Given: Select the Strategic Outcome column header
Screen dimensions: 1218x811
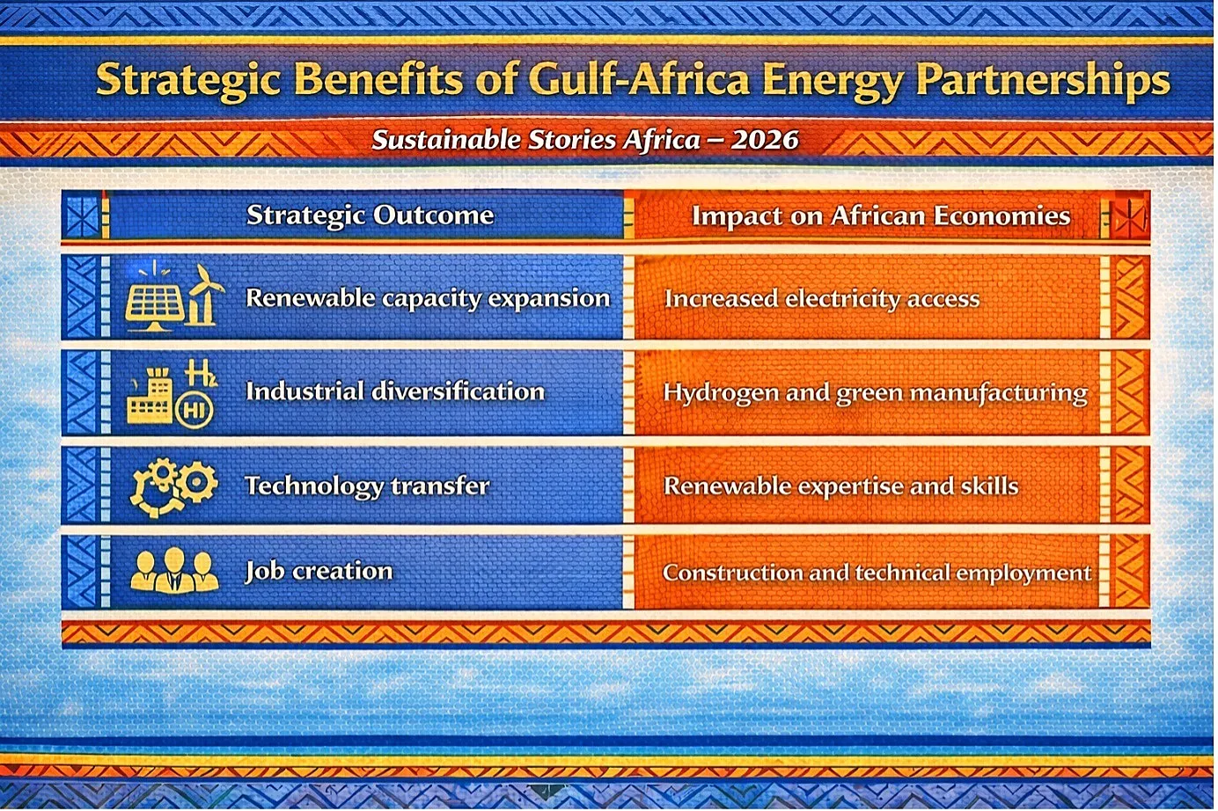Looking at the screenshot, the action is click(x=371, y=216).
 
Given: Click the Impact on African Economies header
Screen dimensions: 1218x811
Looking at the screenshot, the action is click(x=881, y=216).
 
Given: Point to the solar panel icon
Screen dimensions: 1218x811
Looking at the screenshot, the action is click(x=153, y=308).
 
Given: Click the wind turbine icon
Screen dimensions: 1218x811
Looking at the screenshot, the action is click(x=205, y=296).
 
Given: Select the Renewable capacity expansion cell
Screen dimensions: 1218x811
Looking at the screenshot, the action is click(x=428, y=298).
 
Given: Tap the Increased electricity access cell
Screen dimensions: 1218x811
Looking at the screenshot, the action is click(x=822, y=299).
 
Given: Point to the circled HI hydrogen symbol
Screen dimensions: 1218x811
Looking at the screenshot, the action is click(x=194, y=410).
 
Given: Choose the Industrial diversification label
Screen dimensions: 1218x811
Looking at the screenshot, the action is click(x=395, y=391).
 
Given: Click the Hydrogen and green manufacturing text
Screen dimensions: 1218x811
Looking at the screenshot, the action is click(x=875, y=393).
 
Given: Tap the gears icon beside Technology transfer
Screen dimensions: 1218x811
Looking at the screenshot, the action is click(x=172, y=486).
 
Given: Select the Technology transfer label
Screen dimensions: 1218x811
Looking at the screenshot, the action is click(x=367, y=486).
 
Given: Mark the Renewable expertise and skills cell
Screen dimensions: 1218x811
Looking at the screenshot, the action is click(x=840, y=486).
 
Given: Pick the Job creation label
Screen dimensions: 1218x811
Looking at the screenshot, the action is click(x=319, y=571).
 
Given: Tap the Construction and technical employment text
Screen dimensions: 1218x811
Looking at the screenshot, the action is click(x=877, y=573).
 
